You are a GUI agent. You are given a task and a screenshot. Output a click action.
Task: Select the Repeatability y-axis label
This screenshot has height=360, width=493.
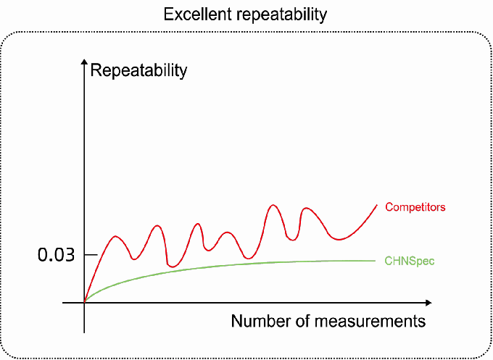click(x=138, y=70)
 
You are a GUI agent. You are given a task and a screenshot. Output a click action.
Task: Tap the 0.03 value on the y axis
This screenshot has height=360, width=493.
click(x=57, y=255)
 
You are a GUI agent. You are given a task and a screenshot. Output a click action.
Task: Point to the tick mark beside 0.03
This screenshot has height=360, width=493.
click(x=80, y=254)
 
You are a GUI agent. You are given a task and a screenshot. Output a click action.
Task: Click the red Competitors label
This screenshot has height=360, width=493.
click(x=415, y=207)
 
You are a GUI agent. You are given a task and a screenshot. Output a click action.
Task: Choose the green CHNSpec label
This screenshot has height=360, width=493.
click(x=409, y=260)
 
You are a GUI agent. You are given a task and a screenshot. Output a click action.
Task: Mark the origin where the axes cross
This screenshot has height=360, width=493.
click(x=85, y=302)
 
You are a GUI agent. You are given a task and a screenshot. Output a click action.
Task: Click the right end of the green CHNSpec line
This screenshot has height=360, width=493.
click(x=376, y=260)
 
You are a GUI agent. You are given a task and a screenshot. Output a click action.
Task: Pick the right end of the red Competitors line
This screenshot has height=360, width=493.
click(x=378, y=204)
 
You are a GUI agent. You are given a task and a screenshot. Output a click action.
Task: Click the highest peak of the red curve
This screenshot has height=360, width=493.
click(x=273, y=205)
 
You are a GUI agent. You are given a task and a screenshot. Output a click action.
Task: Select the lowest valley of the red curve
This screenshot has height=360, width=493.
click(x=172, y=267)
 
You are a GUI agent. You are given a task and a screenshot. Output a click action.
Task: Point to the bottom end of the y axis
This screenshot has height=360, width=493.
click(x=85, y=332)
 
